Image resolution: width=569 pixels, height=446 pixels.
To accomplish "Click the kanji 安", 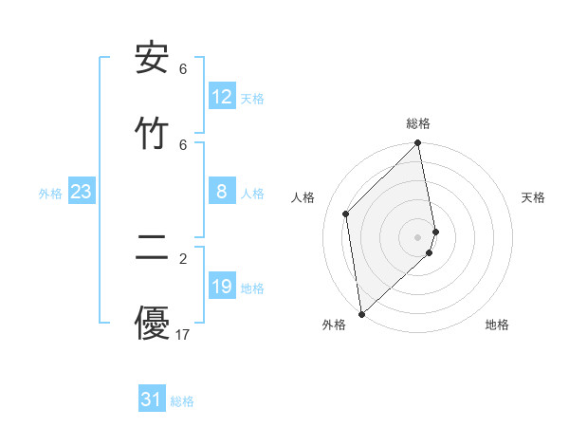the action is point(152,60).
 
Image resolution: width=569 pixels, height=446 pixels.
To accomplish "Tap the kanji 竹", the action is point(152,134).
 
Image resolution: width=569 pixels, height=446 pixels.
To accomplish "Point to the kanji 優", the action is point(152,324).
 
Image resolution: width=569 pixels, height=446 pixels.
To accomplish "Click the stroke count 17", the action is point(183,334).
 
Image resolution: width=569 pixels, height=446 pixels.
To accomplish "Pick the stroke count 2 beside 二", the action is point(183,259).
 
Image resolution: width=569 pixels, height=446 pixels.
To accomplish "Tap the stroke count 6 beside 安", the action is point(183,69).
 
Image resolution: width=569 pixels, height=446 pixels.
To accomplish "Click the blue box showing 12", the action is point(221,97).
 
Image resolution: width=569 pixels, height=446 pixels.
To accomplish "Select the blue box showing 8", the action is point(221,192).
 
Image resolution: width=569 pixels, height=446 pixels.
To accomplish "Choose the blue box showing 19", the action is point(221,287).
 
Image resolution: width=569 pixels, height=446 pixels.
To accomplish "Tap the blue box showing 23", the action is point(81,192).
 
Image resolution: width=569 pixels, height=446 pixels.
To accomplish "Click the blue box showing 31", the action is point(152,400).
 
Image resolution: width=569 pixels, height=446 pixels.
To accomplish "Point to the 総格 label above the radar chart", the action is point(418,123).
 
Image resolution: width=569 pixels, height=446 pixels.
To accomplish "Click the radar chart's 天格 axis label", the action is point(534,197).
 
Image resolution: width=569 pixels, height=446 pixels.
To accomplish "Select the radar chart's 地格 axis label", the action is point(497,325).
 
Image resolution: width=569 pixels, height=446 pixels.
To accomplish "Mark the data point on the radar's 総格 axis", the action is point(418,144).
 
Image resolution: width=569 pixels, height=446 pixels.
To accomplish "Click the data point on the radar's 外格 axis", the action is point(361,313).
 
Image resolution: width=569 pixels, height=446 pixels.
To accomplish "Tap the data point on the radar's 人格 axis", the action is point(346,214).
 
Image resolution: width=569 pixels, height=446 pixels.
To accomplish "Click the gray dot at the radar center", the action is point(418,236).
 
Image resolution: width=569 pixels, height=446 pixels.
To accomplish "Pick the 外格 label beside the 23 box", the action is point(50,194).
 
